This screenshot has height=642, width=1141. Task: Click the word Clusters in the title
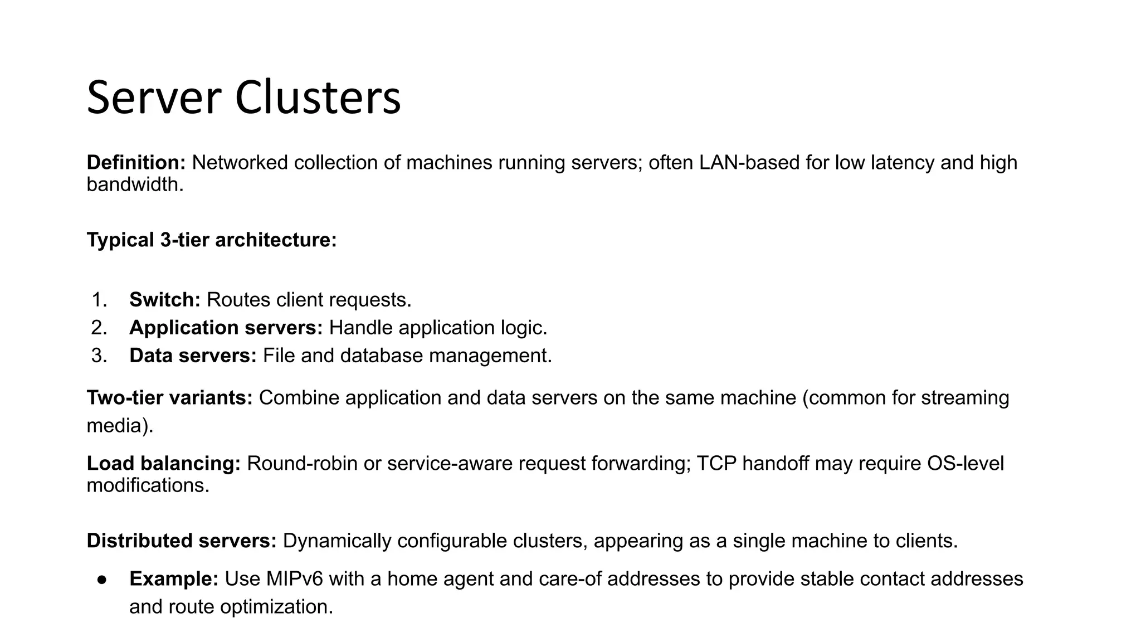pyautogui.click(x=318, y=98)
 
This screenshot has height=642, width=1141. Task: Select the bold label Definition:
pyautogui.click(x=136, y=163)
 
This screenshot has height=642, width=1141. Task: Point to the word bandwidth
pyautogui.click(x=134, y=184)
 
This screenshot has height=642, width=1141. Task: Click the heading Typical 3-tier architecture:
pyautogui.click(x=212, y=240)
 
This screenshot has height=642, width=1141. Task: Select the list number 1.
pyautogui.click(x=99, y=300)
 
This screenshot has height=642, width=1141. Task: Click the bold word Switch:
pyautogui.click(x=164, y=300)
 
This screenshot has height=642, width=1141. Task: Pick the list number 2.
pyautogui.click(x=99, y=328)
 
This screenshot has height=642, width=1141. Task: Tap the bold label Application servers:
pyautogui.click(x=226, y=328)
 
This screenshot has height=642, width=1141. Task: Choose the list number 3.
pyautogui.click(x=99, y=356)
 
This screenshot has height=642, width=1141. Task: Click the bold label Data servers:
pyautogui.click(x=193, y=356)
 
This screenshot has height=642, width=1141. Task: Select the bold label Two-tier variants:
pyautogui.click(x=169, y=398)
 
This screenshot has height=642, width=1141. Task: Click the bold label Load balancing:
pyautogui.click(x=163, y=464)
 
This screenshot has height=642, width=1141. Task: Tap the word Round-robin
pyautogui.click(x=301, y=464)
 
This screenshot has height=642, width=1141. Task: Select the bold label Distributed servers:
pyautogui.click(x=182, y=541)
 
